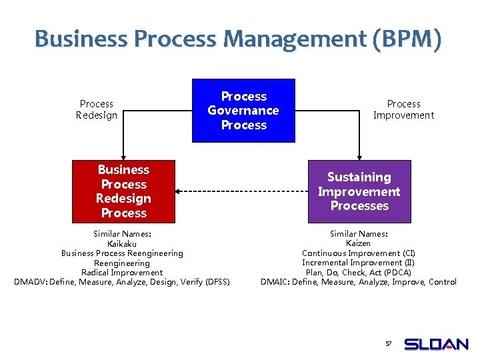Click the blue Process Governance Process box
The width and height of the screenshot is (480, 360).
point(243,111)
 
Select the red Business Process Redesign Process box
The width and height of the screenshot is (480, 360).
point(123,191)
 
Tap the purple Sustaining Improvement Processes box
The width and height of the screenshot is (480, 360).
point(359,191)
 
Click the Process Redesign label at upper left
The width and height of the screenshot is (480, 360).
point(97,109)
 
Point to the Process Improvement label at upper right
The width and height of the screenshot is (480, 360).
point(403,109)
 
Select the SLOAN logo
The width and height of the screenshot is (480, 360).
point(437,345)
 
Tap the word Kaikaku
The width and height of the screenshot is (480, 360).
point(122,243)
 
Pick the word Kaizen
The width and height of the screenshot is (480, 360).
point(359,243)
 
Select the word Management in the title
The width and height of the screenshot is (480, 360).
point(295,39)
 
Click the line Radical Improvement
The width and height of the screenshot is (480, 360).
point(122,272)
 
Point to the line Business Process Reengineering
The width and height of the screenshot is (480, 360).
point(122,253)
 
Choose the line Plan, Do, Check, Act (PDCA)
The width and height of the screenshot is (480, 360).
point(359,272)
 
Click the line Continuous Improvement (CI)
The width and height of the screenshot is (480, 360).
point(359,253)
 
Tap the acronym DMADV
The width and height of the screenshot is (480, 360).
point(30,282)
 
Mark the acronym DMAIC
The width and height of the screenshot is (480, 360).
point(275,282)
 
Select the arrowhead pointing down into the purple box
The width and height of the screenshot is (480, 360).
point(359,157)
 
